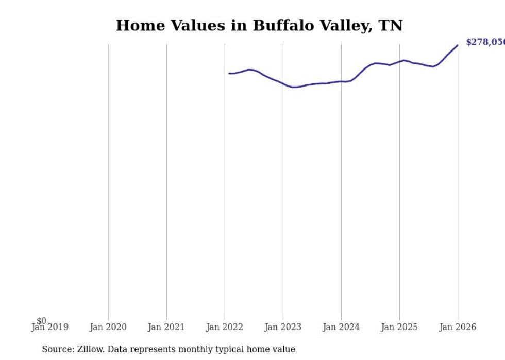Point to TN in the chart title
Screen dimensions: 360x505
pos(390,26)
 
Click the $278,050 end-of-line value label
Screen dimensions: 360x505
pos(485,42)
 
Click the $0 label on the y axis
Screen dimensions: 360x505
pos(41,321)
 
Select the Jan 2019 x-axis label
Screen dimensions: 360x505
pos(49,327)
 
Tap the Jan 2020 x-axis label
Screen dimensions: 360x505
pos(108,327)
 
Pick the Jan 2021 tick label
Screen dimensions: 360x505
pos(166,327)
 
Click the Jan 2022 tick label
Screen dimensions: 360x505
pos(224,327)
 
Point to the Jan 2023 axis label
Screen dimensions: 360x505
pos(282,327)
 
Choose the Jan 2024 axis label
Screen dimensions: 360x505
pos(341,327)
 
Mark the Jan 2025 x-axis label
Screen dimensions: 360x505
pos(399,327)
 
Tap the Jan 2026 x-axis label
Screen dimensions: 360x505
pos(457,327)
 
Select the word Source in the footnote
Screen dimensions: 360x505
pos(57,350)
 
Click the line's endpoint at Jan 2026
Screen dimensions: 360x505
pos(457,45)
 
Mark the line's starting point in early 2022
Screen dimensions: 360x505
pos(229,73)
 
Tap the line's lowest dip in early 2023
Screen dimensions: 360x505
pos(293,87)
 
